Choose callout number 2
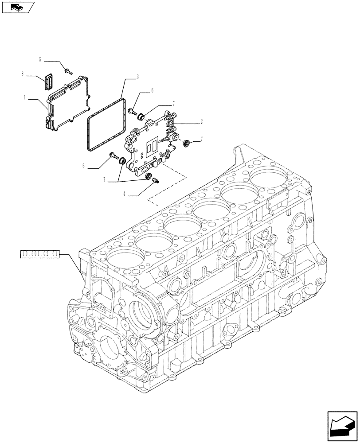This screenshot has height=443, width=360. [x=201, y=120]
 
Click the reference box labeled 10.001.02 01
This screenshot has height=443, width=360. [x=39, y=254]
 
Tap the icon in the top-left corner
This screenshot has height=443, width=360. [x=17, y=7]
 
